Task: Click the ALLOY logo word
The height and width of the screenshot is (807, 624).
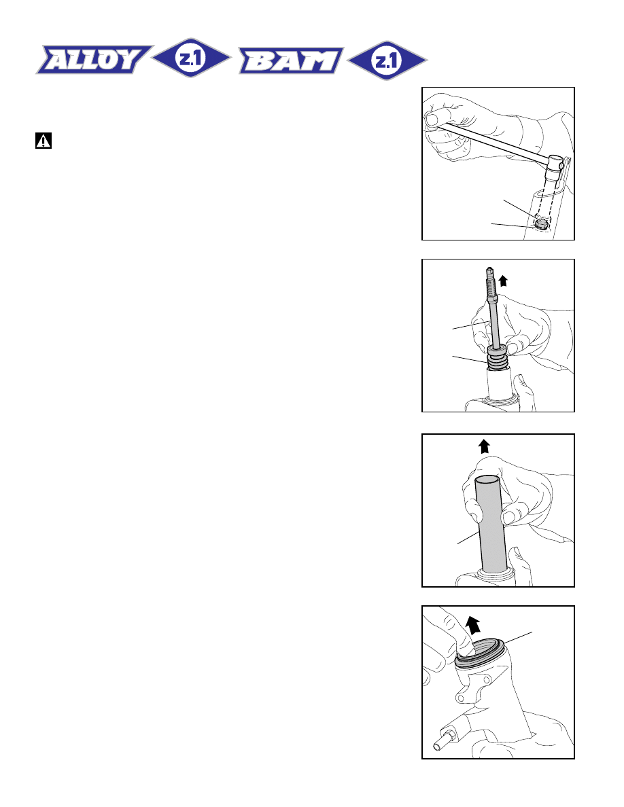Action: click(94, 60)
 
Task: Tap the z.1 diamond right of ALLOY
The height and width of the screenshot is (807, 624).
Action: click(191, 58)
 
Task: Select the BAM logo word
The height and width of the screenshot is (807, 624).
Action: click(291, 60)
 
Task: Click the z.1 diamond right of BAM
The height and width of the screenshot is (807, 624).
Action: click(387, 60)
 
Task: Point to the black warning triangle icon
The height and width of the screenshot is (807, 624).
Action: click(44, 141)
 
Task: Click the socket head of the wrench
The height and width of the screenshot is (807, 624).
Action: click(555, 164)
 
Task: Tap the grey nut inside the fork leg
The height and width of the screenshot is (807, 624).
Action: click(540, 223)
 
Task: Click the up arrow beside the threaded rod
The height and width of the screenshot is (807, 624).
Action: click(503, 281)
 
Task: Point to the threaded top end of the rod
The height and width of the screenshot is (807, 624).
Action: click(490, 283)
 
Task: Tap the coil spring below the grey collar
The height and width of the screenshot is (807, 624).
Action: click(498, 362)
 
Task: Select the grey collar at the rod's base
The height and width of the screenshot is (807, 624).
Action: click(498, 351)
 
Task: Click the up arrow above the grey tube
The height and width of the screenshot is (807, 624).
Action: click(483, 446)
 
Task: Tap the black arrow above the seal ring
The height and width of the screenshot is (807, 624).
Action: click(472, 625)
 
